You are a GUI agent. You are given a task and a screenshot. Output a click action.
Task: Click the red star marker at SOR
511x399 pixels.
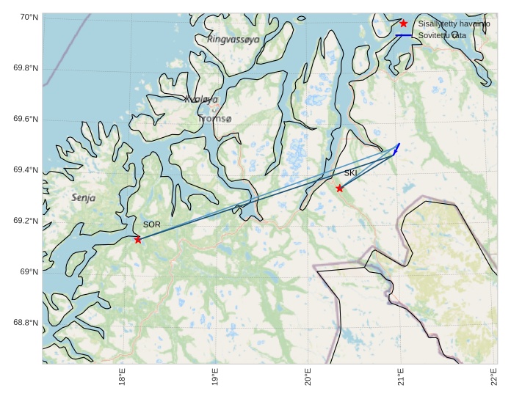tap(138, 239)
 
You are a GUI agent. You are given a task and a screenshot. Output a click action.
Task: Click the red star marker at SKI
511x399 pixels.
tap(339, 188)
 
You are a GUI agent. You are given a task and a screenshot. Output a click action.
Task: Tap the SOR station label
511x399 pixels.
tap(151, 224)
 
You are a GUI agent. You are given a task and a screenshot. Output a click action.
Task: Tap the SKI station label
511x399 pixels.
tap(351, 173)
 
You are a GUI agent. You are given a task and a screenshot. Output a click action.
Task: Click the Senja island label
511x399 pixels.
tap(84, 198)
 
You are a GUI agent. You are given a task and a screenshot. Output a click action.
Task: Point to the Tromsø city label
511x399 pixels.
tap(214, 119)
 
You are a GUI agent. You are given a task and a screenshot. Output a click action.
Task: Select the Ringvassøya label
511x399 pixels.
tap(233, 40)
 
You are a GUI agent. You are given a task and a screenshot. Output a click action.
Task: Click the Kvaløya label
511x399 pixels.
tap(202, 99)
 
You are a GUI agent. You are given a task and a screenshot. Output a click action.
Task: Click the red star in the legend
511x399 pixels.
tap(403, 23)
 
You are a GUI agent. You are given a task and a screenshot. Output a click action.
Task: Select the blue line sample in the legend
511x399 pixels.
tap(403, 35)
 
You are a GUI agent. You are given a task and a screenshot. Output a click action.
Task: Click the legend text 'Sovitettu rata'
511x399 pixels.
tap(442, 35)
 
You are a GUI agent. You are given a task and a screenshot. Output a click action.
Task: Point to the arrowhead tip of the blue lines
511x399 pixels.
tap(399, 144)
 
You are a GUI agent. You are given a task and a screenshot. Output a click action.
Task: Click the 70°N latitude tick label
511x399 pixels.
tap(26, 18)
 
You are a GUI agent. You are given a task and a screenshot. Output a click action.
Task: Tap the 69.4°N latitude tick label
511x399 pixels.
tap(26, 170)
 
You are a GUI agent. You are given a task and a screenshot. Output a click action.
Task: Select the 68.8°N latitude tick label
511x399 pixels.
tap(26, 323)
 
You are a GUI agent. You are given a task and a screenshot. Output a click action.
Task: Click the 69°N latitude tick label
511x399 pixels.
tap(29, 272)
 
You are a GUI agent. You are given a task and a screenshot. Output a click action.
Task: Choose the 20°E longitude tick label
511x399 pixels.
tap(308, 378)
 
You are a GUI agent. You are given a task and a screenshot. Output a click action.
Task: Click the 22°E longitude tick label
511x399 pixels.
tap(494, 378)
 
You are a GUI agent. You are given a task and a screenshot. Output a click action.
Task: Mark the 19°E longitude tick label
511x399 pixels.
tap(216, 378)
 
